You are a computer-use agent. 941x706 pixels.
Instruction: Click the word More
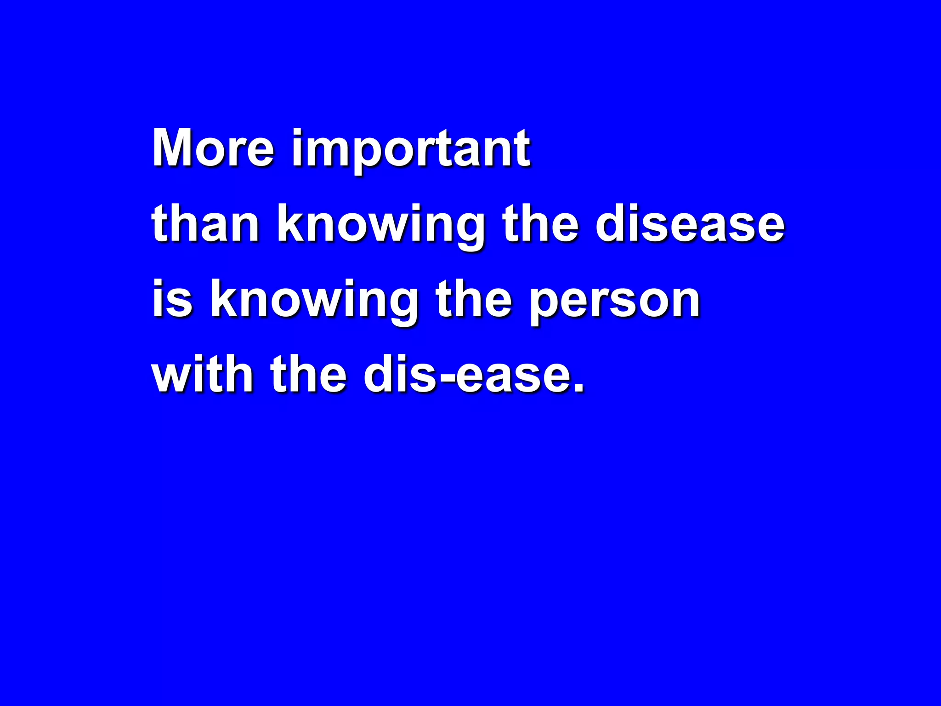213,148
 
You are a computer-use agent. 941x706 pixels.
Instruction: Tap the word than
205,224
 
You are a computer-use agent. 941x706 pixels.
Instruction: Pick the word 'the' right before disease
540,224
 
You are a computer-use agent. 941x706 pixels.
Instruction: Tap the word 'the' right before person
474,299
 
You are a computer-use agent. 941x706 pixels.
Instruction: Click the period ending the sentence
579,389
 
